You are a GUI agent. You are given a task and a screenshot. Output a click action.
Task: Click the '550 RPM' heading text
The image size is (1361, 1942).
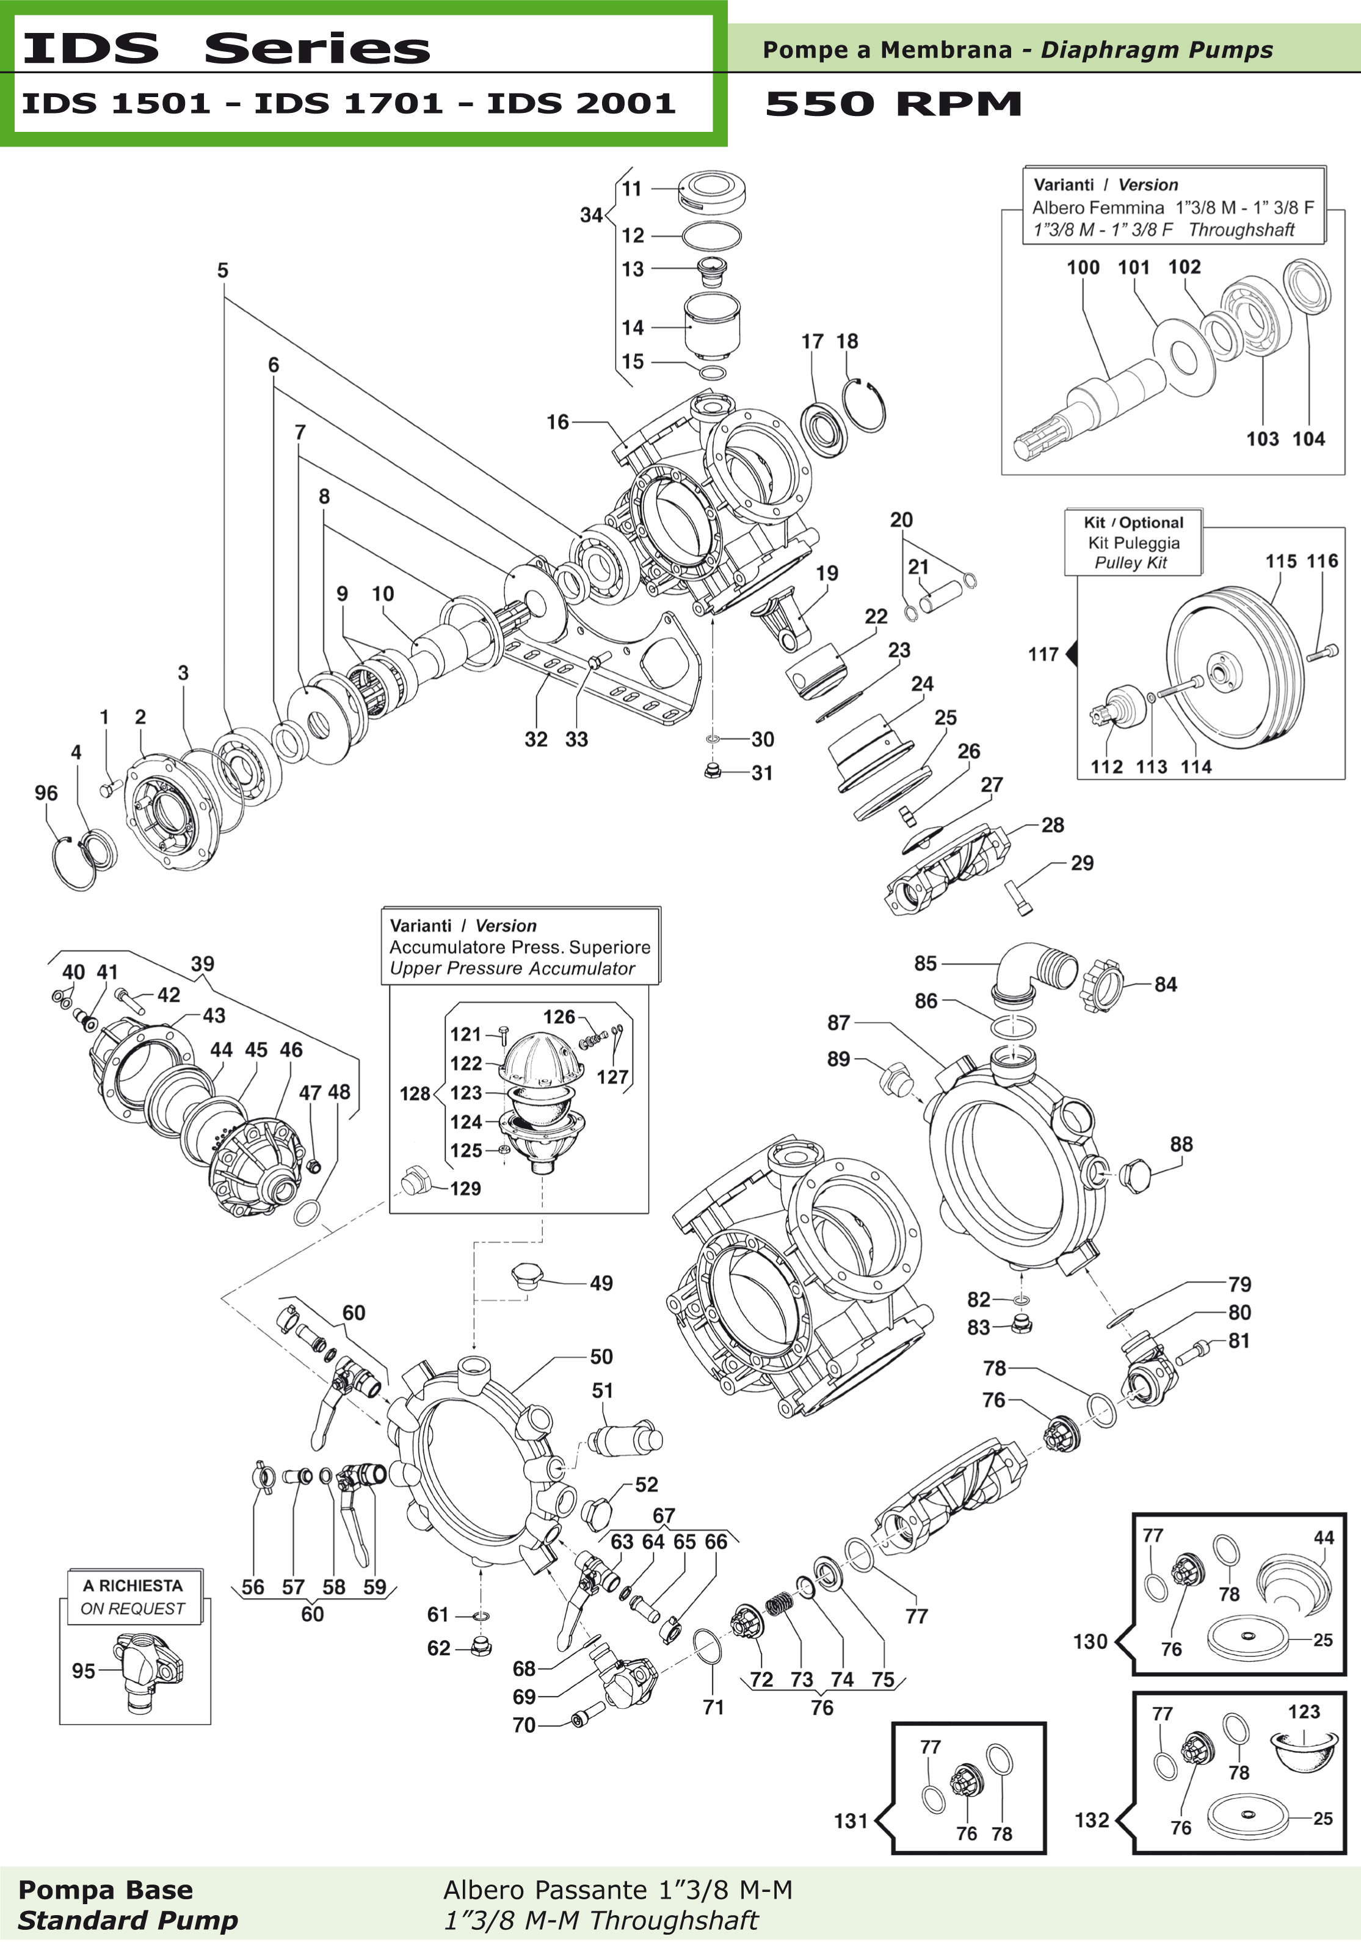pyautogui.click(x=893, y=104)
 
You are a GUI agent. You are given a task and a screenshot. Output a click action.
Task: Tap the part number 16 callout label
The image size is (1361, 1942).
pyautogui.click(x=557, y=422)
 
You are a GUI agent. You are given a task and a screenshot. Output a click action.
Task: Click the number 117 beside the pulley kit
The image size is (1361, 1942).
pyautogui.click(x=1043, y=654)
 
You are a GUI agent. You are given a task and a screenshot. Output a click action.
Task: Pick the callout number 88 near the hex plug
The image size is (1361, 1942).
pyautogui.click(x=1181, y=1143)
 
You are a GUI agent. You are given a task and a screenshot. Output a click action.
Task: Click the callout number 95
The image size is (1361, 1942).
pyautogui.click(x=83, y=1670)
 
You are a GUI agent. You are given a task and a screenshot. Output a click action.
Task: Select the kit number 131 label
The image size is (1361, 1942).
pyautogui.click(x=851, y=1821)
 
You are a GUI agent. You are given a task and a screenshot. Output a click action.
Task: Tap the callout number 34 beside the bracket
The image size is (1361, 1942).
pyautogui.click(x=590, y=216)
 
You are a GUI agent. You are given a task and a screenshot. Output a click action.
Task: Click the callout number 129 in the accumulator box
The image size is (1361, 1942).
pyautogui.click(x=465, y=1189)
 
